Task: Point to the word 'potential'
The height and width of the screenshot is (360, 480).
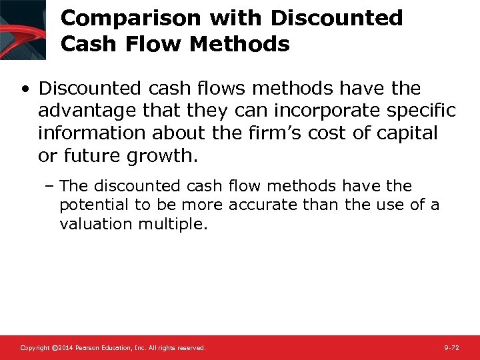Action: coord(91,205)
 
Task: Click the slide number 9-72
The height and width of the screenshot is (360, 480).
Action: coord(451,348)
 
